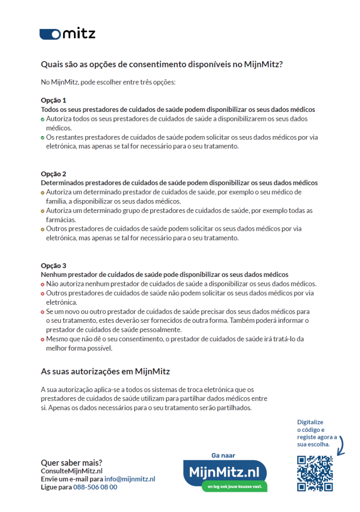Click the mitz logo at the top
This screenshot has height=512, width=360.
67,34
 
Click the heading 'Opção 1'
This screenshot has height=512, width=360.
54,101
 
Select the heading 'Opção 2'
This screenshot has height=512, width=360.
54,174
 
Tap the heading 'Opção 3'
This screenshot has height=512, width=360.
54,265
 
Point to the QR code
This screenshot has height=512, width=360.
314,473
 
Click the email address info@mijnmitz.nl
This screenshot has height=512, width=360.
130,479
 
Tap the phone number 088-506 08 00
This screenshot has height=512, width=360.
95,487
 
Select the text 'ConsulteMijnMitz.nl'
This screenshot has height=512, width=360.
72,471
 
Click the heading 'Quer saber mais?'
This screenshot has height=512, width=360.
72,462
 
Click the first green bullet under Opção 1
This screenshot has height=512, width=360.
43,119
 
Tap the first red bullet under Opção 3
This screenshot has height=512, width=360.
43,284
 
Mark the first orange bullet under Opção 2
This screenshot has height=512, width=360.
43,192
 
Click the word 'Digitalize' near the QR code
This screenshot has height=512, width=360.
310,422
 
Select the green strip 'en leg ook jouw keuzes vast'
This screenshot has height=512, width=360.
234,486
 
